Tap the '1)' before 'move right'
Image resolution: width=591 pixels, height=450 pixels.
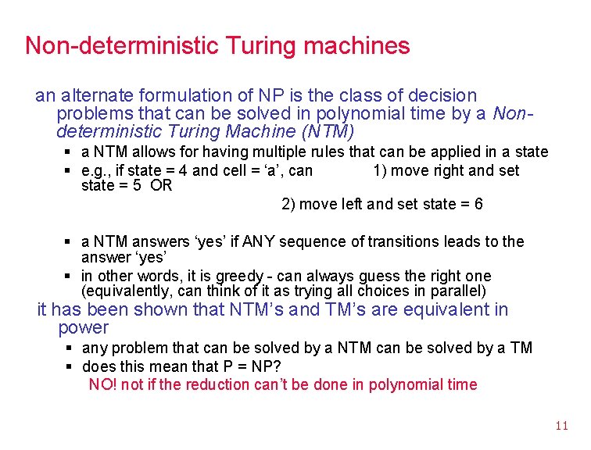click(x=380, y=170)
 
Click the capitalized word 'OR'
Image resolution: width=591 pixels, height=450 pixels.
click(x=162, y=185)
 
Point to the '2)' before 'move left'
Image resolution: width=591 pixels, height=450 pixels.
click(x=288, y=204)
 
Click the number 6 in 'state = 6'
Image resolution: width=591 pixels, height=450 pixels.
click(x=478, y=204)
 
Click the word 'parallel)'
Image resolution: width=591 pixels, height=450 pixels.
click(x=457, y=291)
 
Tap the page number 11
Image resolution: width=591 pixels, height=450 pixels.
click(x=561, y=426)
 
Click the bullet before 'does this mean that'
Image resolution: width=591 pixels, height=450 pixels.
click(x=70, y=366)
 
